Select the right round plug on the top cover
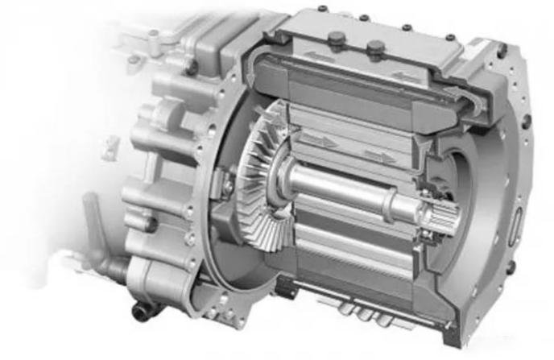(374, 49)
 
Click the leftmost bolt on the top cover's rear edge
(322, 9)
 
